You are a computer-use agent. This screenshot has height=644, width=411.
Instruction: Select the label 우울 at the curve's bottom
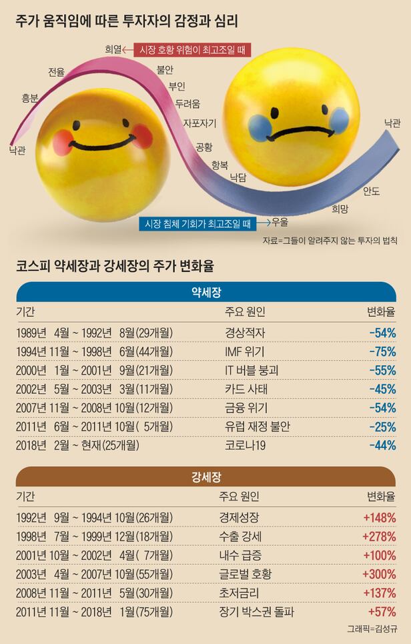(280, 223)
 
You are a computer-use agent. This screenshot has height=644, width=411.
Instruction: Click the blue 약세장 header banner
(205, 291)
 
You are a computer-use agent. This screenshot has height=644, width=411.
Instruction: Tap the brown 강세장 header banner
(205, 476)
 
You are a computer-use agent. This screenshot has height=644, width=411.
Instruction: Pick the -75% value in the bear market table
(382, 351)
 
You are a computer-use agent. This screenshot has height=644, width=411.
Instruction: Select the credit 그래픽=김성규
(371, 628)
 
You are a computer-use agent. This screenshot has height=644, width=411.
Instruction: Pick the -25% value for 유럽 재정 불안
(382, 426)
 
